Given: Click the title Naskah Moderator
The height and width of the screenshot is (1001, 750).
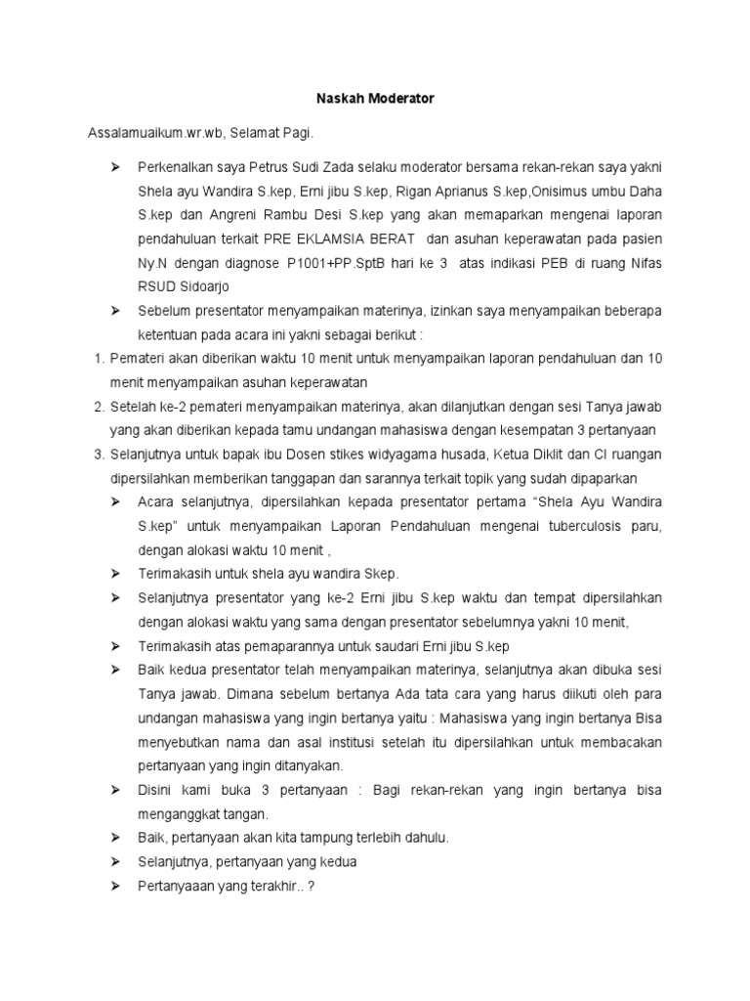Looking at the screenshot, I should (374, 99).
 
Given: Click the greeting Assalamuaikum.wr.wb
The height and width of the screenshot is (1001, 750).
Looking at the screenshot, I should (141, 130).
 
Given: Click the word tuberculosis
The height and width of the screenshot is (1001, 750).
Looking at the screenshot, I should (569, 526).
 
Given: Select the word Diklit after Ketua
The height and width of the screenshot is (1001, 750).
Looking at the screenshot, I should (539, 455).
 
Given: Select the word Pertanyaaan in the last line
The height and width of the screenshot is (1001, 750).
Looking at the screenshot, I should (180, 886).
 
